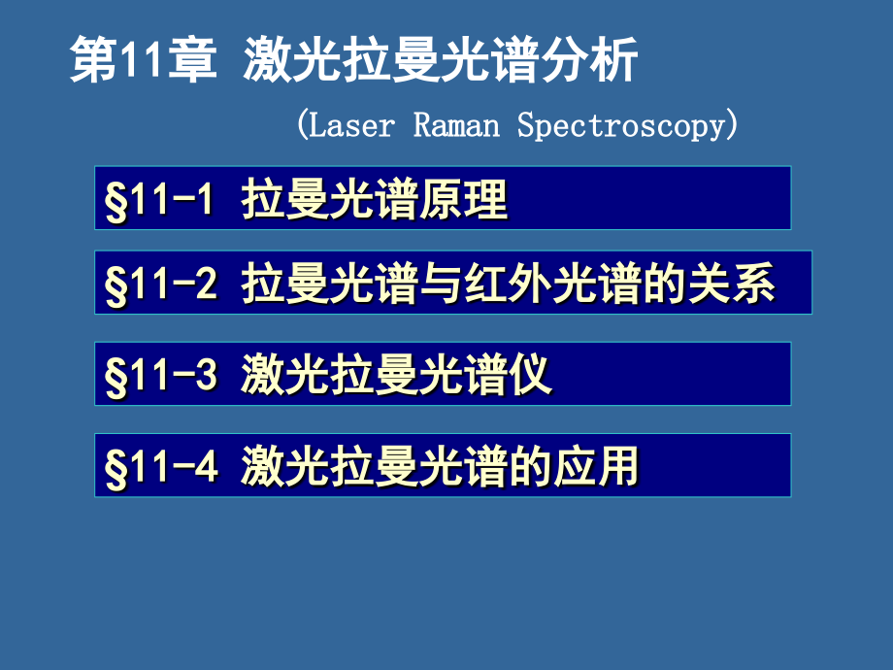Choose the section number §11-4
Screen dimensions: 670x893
[x=161, y=467]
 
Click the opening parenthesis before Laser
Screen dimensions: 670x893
[x=302, y=125]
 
